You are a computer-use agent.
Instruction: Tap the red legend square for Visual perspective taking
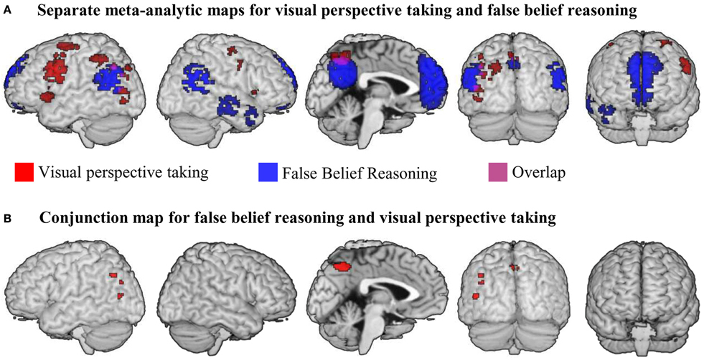click(x=23, y=172)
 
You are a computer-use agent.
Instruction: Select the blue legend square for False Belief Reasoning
click(x=265, y=172)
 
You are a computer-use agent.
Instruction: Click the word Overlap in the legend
click(x=535, y=172)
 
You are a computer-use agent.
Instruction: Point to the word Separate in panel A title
click(x=59, y=11)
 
